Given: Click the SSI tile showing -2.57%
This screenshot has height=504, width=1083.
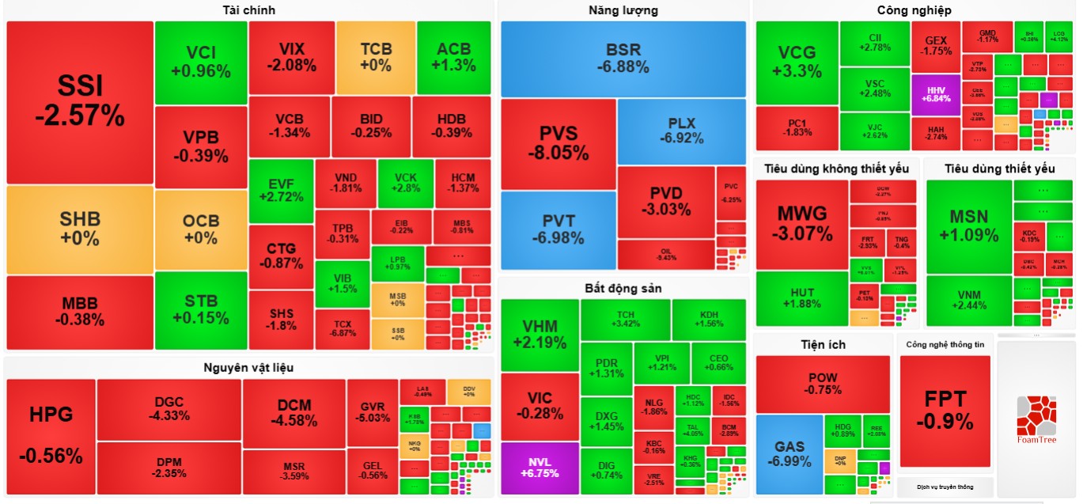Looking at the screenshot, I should [x=79, y=102].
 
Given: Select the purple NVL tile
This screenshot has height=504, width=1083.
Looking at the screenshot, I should [x=540, y=468].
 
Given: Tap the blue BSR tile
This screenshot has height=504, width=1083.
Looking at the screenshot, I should [x=623, y=59].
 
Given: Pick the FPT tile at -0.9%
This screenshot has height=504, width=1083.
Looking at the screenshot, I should [x=945, y=410].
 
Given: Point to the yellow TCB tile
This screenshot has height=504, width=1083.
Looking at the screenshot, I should [x=375, y=57].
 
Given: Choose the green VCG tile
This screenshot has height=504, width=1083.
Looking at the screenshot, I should [x=796, y=62].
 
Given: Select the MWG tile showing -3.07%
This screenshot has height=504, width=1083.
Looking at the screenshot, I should [x=801, y=224].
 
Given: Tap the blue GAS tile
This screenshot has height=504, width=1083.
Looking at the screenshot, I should [x=789, y=453].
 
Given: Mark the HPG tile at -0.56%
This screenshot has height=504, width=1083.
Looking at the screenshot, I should [x=51, y=435].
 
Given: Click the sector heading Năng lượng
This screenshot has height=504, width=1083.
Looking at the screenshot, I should [x=623, y=10].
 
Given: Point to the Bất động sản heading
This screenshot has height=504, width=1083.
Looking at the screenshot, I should [x=623, y=288].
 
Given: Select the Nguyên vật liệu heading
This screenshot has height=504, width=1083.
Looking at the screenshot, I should [x=248, y=367].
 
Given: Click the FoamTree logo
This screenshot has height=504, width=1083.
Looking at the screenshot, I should [x=1036, y=419].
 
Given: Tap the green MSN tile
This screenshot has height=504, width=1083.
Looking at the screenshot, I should [x=968, y=225].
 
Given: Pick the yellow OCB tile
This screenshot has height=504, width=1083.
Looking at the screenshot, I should [x=201, y=229].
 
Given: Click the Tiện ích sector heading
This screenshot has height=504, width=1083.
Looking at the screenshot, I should [x=823, y=344].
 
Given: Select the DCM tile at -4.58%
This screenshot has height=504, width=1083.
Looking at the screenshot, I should [x=293, y=412].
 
